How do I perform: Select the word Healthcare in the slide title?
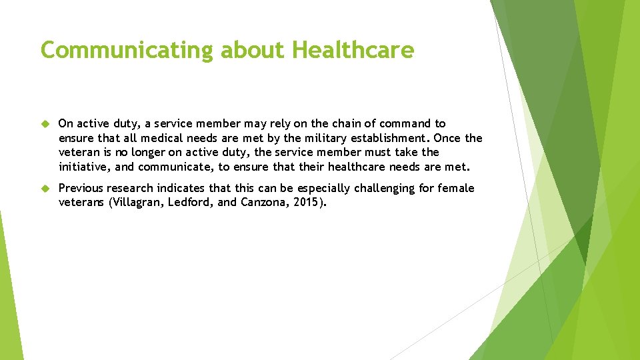coord(353,50)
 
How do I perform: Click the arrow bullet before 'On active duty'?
coord(46,124)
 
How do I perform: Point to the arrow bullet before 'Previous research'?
coord(46,189)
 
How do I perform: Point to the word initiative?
coord(84,167)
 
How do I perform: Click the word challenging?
coord(381,188)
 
